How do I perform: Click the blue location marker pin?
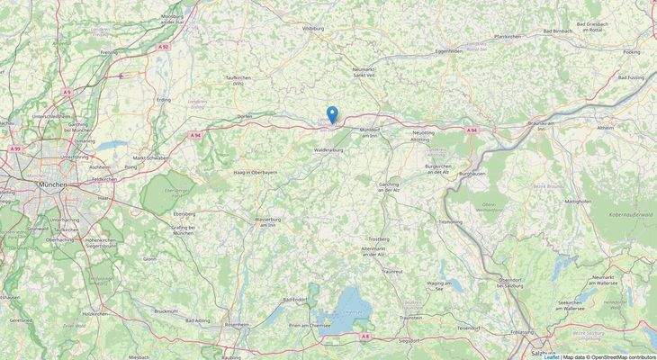pos(333,114)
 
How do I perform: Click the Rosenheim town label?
pos(237,325)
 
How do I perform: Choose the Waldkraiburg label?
pos(328,150)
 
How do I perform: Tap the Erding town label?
pos(163,100)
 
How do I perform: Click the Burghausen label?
pos(472,173)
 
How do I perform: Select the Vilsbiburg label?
pos(312,29)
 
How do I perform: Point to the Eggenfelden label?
pos(450,52)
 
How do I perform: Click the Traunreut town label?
pos(392,270)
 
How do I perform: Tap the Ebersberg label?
pos(184,215)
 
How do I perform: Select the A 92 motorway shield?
pos(163,46)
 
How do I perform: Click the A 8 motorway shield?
pos(364,336)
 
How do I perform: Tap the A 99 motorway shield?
pos(14,148)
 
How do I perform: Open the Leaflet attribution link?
pos(551,356)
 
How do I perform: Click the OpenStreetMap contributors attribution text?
pos(621,356)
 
